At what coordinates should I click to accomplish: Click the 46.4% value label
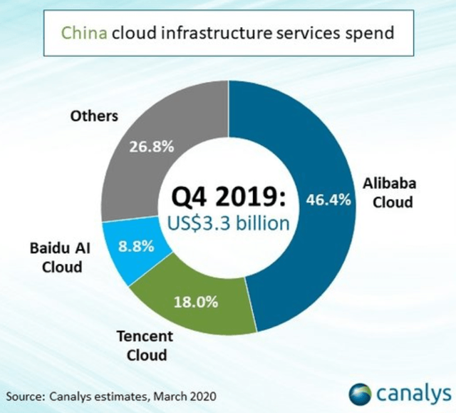click(329, 200)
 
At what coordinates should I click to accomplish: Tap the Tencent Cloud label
click(142, 345)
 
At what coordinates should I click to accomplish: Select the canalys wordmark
click(413, 393)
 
